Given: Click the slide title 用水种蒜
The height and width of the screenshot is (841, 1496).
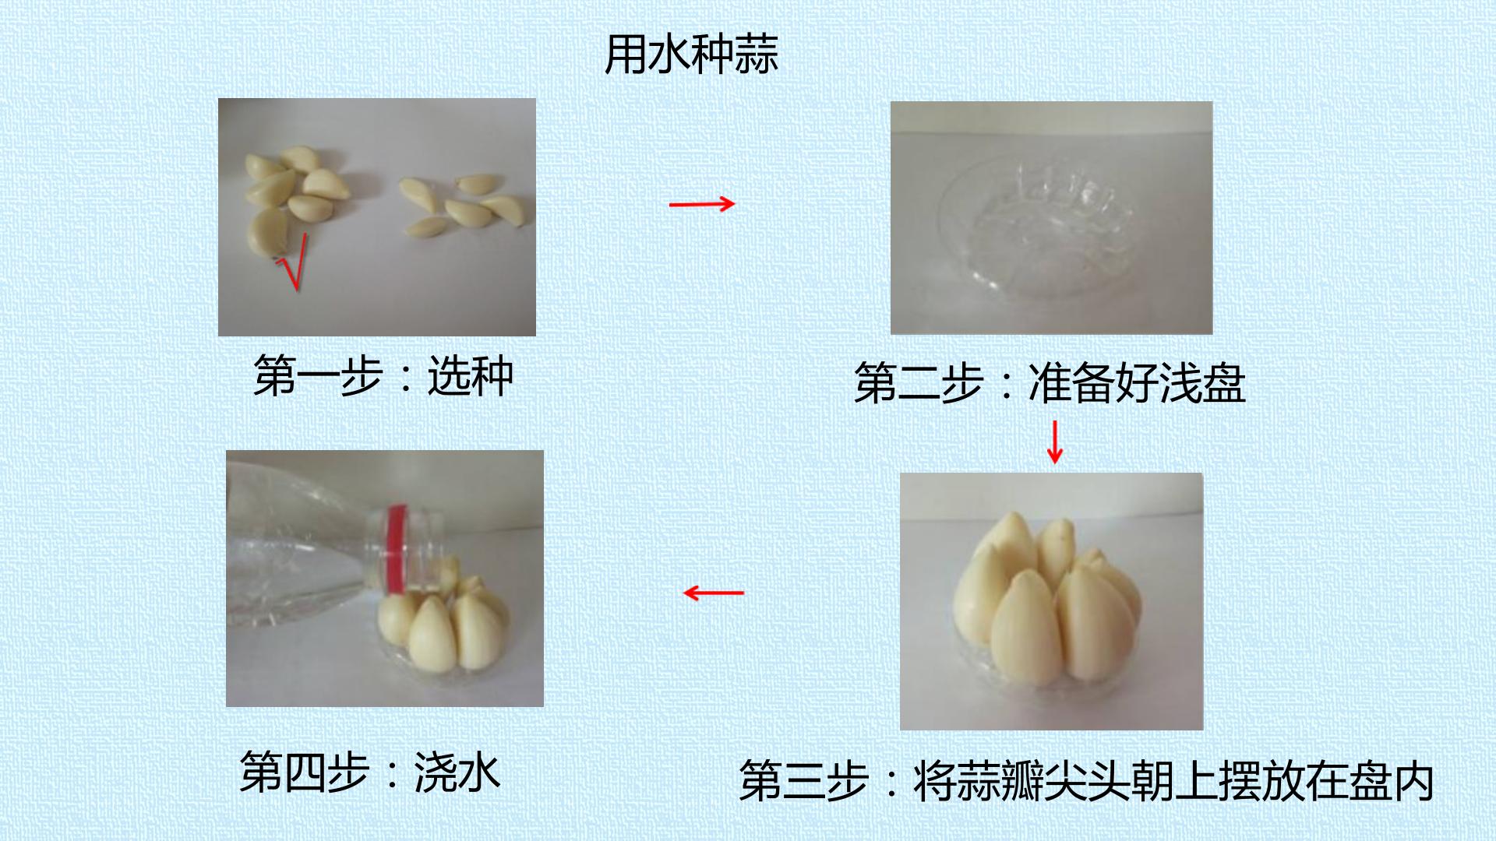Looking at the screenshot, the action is (692, 55).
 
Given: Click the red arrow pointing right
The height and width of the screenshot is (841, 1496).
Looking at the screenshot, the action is (702, 204).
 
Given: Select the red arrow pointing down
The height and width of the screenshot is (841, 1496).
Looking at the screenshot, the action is (1055, 442).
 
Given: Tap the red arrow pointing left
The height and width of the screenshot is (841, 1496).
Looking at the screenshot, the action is (714, 593).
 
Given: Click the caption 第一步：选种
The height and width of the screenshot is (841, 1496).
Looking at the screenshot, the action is (383, 376).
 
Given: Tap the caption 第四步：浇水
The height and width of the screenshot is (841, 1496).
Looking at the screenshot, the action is (370, 771).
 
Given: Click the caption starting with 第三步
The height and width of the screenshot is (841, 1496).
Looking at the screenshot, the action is (1087, 780).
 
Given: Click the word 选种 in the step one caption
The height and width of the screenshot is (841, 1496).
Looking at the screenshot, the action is (471, 376).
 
